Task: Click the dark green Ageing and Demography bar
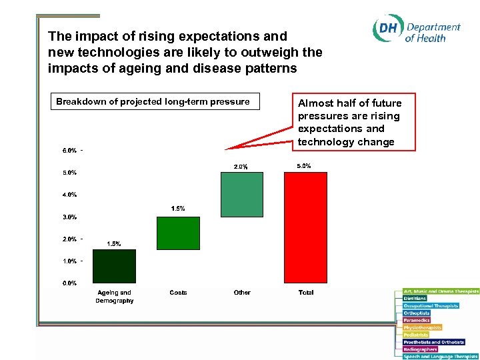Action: [x=114, y=266]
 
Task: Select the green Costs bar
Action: [x=178, y=233]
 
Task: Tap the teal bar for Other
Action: [x=242, y=194]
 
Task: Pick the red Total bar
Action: [x=305, y=227]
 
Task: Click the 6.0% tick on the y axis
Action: [x=69, y=150]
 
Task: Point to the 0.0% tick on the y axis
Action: [x=69, y=283]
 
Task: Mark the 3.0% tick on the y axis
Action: [x=69, y=217]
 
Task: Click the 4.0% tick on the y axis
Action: [x=69, y=195]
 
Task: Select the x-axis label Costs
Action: [x=178, y=293]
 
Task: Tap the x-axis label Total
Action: [x=306, y=293]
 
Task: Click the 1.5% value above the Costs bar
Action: [x=178, y=209]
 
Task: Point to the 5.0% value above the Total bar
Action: [x=303, y=166]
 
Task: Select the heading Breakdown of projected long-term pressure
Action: [x=153, y=102]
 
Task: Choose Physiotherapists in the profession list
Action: [x=423, y=327]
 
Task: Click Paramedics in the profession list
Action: [x=417, y=320]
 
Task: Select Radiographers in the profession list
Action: [x=420, y=349]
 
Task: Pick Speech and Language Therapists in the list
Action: [x=441, y=357]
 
